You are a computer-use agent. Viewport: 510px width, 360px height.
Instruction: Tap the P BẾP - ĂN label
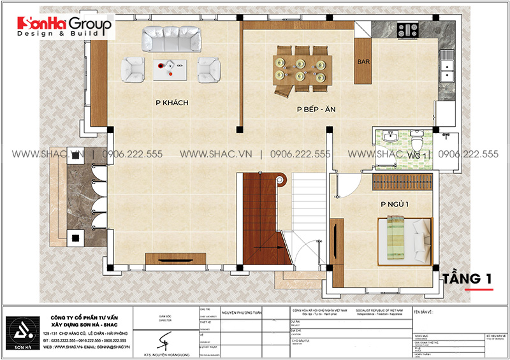316,109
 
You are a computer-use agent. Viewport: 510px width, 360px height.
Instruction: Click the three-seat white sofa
170,40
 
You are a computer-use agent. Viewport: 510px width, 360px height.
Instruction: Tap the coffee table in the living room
170,68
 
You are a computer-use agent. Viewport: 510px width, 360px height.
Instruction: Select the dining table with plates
301,69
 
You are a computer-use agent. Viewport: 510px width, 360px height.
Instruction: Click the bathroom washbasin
390,138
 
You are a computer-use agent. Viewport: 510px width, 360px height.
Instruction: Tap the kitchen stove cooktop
406,29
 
